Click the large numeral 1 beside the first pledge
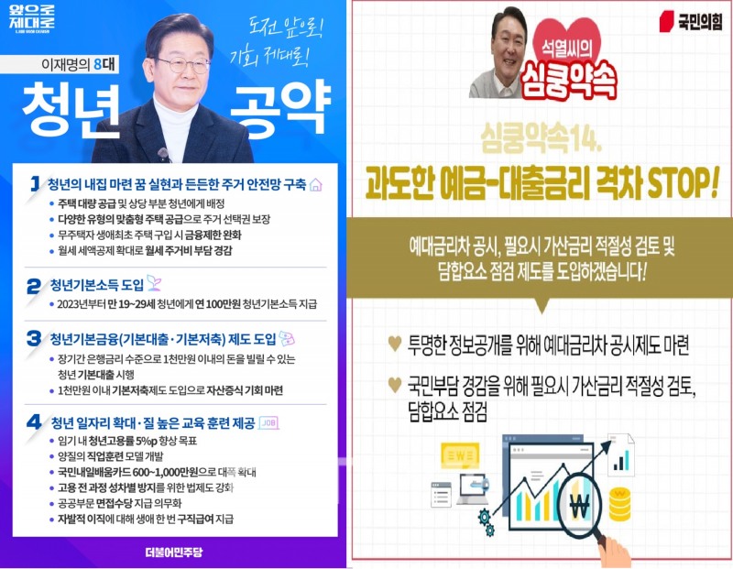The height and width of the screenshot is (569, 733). coord(34,183)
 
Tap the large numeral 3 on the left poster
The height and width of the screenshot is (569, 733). coord(35,337)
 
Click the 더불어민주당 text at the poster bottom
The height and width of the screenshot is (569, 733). coord(172,552)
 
